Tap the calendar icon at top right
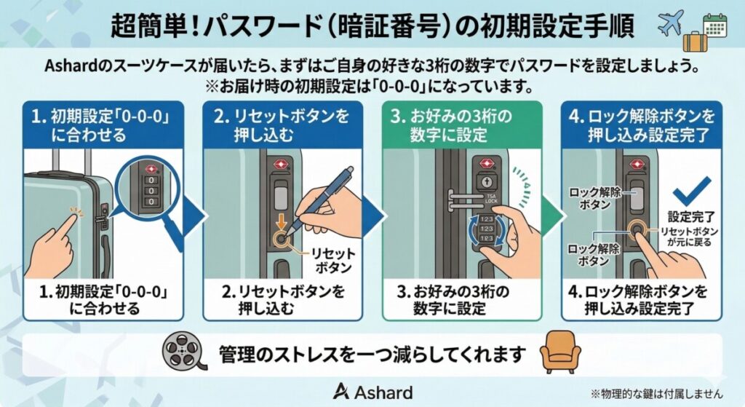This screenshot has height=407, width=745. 714,26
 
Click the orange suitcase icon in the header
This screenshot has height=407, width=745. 696,41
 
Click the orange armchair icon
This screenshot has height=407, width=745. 560,355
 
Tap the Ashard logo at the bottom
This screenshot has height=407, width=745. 372,391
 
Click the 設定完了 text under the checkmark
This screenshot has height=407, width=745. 688,216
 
